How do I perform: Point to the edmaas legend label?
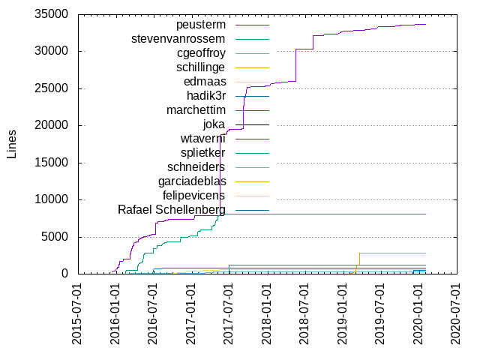point(205,82)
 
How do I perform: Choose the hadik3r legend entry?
point(207,96)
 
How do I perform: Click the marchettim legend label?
point(196,110)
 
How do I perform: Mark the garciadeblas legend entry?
point(192,181)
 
